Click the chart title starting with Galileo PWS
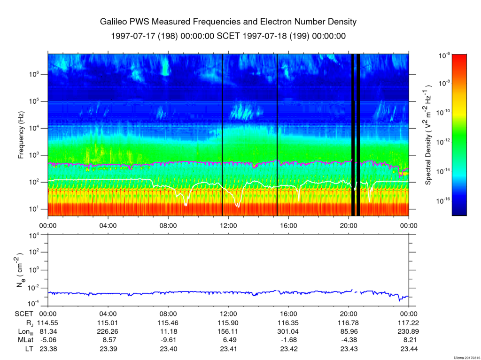(228, 22)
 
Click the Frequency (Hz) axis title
(21, 135)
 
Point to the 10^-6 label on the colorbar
(444, 55)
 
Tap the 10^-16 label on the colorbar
(443, 201)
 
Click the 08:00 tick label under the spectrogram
(168, 226)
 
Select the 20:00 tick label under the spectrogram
(349, 226)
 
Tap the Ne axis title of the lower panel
(20, 270)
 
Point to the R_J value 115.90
(228, 323)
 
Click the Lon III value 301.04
(288, 331)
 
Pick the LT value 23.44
(409, 349)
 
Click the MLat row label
(26, 340)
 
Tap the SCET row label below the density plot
(24, 314)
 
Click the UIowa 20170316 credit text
(467, 358)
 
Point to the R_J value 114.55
(47, 323)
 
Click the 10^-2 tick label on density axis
(34, 288)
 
